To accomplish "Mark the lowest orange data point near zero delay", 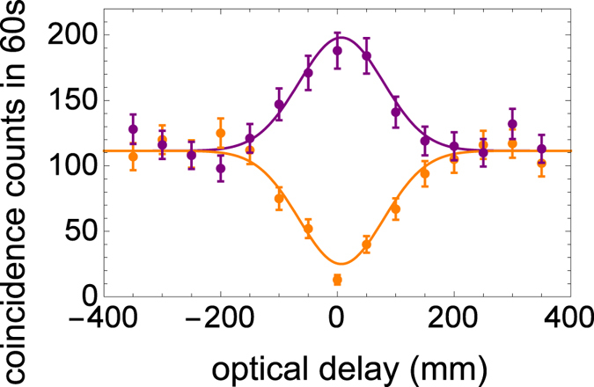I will pos(337,280).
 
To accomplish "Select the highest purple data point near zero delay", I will pos(337,51).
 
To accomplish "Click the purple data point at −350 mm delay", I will pos(133,129).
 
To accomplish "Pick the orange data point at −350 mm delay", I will pos(133,157).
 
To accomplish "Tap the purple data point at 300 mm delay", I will pos(512,124).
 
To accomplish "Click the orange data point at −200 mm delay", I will pos(221,133).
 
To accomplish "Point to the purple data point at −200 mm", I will pos(221,168).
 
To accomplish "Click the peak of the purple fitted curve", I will pos(341,37).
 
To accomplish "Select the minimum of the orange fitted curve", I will pos(341,264).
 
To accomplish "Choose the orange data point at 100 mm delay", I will pos(395,209).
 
